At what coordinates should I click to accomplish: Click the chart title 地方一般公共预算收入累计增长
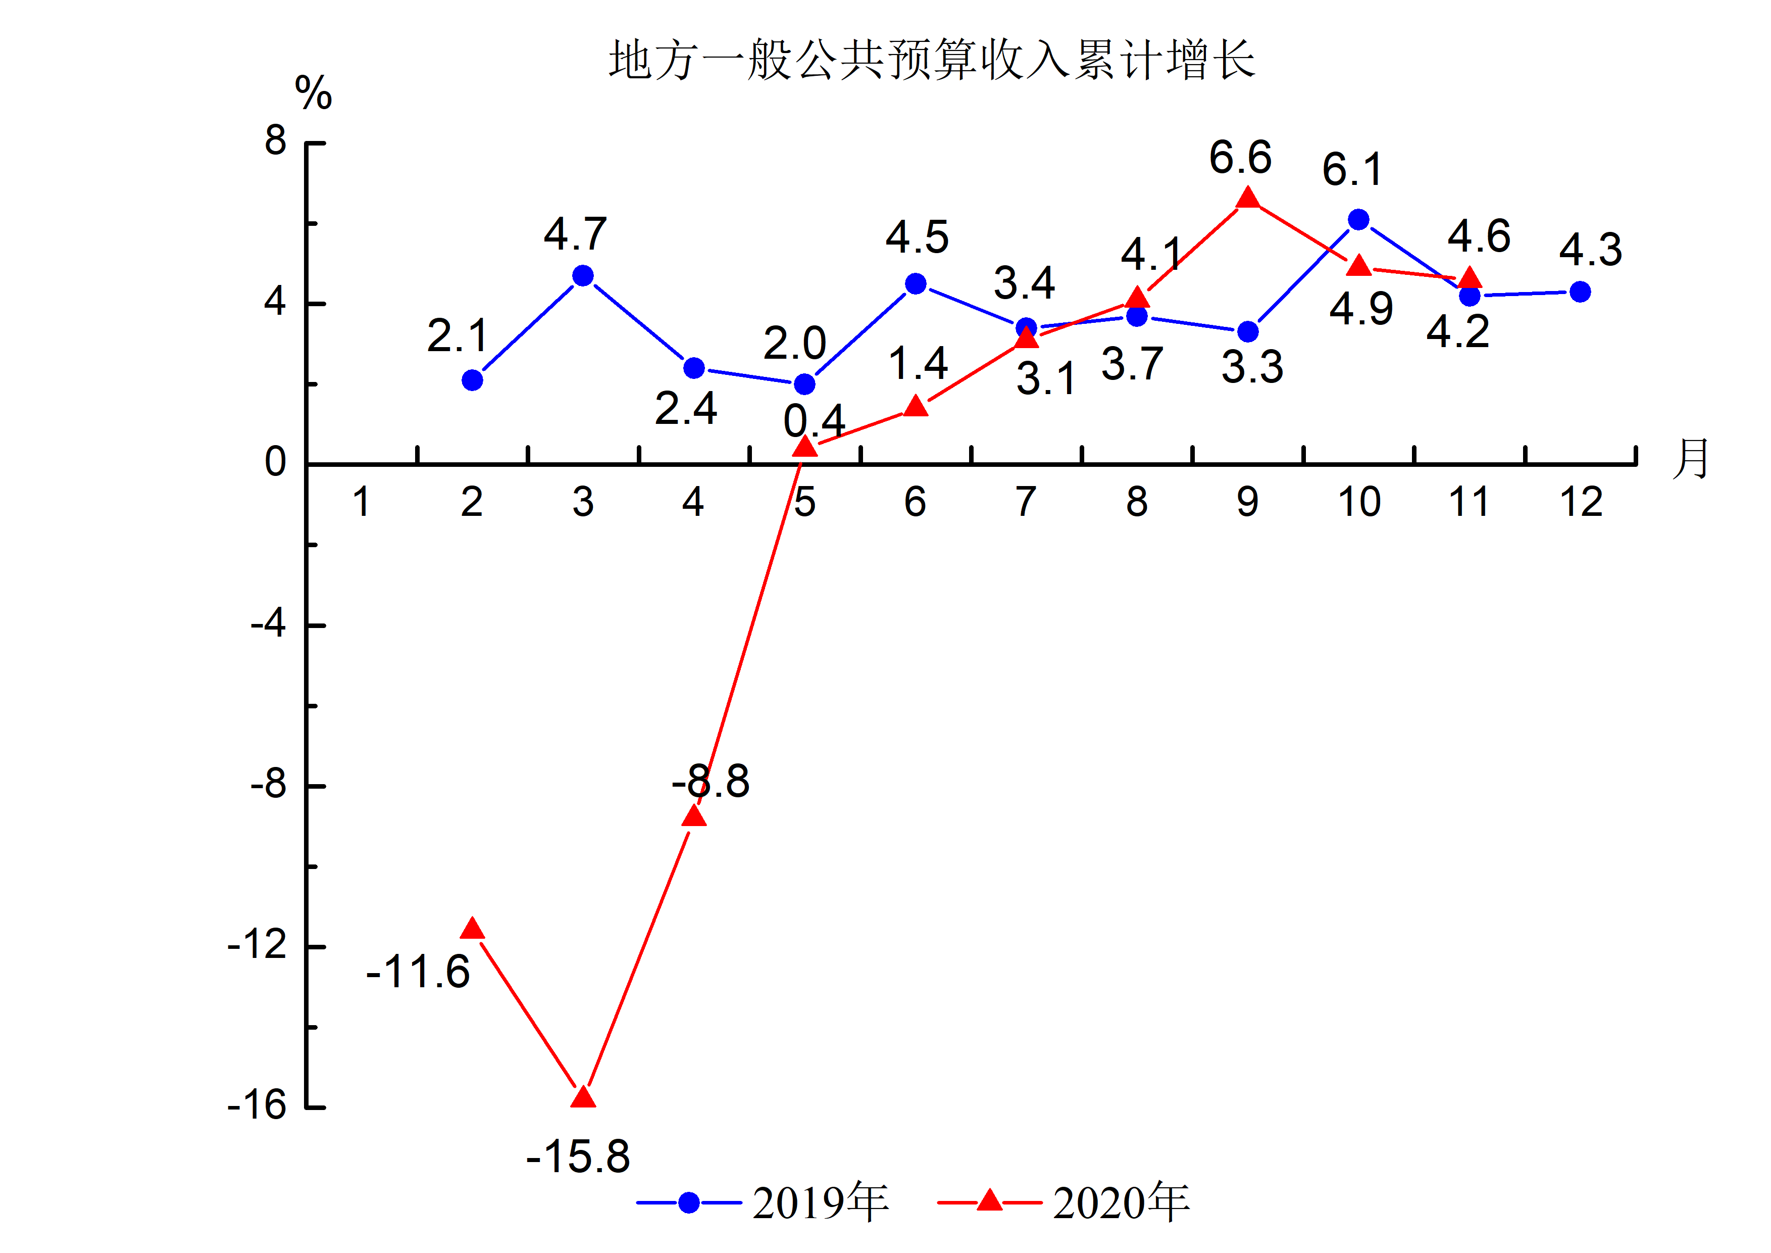coord(932,60)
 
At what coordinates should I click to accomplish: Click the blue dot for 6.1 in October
coord(1358,220)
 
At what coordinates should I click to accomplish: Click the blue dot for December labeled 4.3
coord(1580,292)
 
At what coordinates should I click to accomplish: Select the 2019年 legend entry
coord(764,1202)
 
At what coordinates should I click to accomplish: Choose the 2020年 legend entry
coord(1065,1202)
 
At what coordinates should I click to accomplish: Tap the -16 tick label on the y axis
coord(257,1105)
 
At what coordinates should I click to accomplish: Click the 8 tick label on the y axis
coord(275,141)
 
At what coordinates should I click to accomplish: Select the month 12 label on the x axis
coord(1581,502)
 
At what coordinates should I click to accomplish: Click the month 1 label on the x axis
coord(361,502)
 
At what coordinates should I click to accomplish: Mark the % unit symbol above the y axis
coord(313,93)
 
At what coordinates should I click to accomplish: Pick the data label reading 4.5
coord(917,237)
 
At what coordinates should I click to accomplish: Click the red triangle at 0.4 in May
coord(804,447)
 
